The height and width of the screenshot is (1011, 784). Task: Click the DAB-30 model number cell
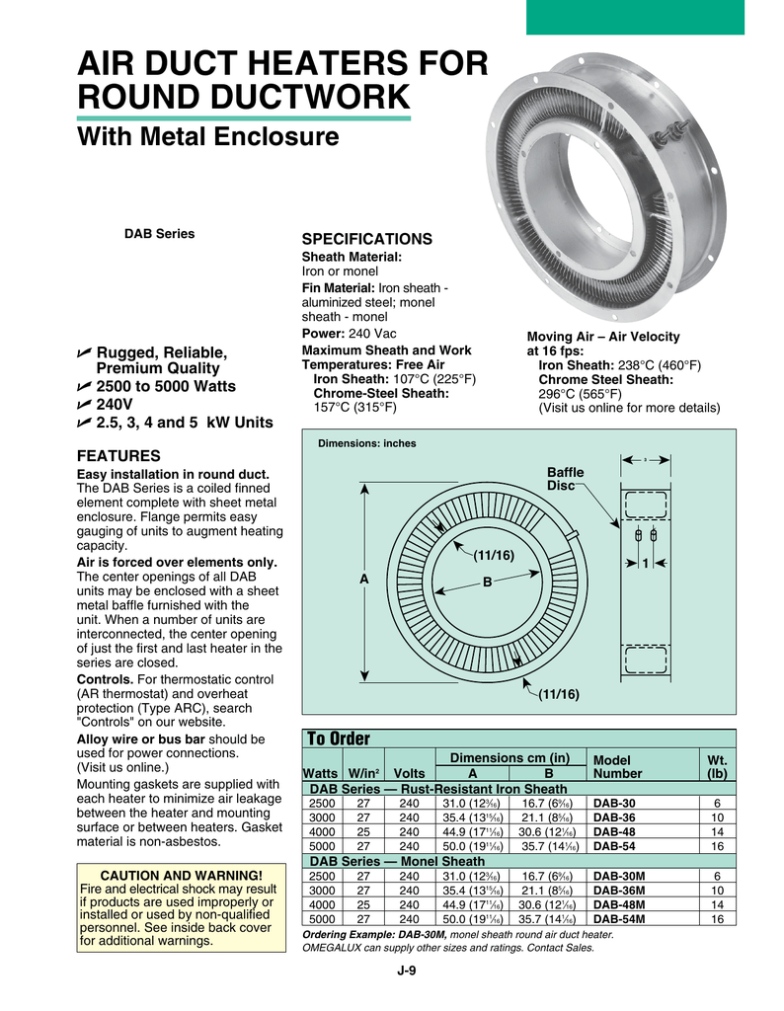click(614, 803)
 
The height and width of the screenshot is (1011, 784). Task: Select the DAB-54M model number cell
click(619, 918)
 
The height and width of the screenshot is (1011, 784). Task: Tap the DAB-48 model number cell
click(614, 831)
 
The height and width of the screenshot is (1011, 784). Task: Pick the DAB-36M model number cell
click(619, 890)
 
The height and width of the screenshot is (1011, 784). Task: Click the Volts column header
click(408, 773)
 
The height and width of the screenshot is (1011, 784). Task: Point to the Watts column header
click(321, 773)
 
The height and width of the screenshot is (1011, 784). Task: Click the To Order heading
click(339, 739)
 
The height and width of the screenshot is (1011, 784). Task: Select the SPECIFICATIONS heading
click(366, 240)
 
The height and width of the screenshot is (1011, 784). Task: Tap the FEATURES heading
click(118, 456)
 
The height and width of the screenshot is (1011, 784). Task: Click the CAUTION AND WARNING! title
click(178, 875)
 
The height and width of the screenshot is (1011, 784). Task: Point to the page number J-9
click(407, 971)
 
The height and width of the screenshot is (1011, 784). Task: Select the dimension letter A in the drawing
click(363, 581)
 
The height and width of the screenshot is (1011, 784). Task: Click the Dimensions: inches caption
click(366, 443)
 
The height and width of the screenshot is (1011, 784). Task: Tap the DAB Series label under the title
click(159, 234)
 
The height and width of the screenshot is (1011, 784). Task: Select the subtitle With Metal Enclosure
click(207, 137)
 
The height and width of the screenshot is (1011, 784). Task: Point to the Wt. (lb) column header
click(717, 767)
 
